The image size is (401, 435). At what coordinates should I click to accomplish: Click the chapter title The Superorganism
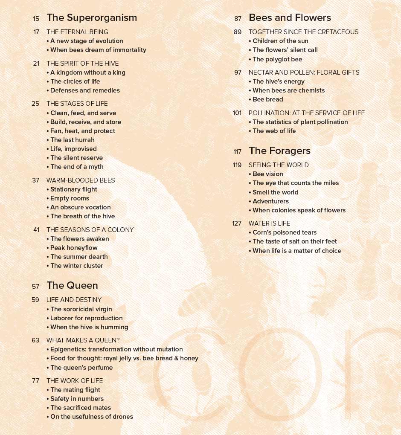(92, 17)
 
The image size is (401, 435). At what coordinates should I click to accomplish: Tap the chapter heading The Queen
(72, 285)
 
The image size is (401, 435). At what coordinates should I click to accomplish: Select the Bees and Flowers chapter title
(290, 17)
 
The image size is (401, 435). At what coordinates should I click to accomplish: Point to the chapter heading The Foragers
(279, 151)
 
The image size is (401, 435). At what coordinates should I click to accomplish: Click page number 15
(36, 18)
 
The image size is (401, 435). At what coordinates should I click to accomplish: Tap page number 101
(237, 113)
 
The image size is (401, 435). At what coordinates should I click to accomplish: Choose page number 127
(237, 223)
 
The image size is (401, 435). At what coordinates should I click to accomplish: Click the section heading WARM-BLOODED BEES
(81, 180)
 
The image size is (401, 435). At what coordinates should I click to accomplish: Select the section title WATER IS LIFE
(269, 223)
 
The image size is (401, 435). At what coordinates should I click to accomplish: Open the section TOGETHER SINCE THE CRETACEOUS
(303, 32)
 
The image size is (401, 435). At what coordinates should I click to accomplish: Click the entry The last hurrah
(72, 140)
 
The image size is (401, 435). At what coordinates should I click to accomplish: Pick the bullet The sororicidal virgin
(81, 309)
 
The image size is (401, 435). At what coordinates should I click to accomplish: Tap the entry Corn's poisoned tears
(284, 232)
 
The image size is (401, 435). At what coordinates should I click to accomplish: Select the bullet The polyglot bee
(277, 59)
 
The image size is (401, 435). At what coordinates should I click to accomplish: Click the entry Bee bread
(267, 99)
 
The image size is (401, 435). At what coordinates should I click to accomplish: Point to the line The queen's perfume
(81, 368)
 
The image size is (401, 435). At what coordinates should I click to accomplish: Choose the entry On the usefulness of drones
(91, 417)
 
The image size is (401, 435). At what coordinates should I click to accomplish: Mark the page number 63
(35, 340)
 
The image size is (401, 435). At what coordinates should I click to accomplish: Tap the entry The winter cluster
(76, 266)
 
